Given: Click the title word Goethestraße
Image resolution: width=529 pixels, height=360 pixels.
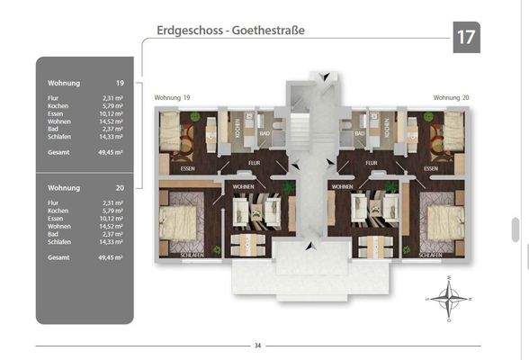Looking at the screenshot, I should [x=266, y=30].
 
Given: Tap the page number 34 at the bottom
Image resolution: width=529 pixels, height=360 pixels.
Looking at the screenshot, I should [x=257, y=346].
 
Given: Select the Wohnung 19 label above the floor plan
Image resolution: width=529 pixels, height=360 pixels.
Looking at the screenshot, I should [x=173, y=97].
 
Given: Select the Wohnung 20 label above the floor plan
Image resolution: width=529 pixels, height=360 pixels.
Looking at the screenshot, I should [x=451, y=97].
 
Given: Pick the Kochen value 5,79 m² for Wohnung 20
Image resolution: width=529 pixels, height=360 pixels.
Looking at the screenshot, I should [x=113, y=211].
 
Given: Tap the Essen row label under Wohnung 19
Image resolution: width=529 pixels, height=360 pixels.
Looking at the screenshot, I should [x=56, y=114].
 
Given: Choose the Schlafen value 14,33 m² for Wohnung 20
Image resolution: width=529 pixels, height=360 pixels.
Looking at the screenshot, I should [x=112, y=242].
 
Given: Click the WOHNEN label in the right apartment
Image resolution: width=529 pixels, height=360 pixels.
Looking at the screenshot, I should [x=342, y=186].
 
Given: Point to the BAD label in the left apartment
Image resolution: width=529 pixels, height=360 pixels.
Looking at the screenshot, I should [x=264, y=135].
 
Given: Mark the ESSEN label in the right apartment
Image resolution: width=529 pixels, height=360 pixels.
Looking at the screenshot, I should [x=431, y=167].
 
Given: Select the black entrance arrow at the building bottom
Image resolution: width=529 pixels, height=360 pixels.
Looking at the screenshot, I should [x=310, y=245].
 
